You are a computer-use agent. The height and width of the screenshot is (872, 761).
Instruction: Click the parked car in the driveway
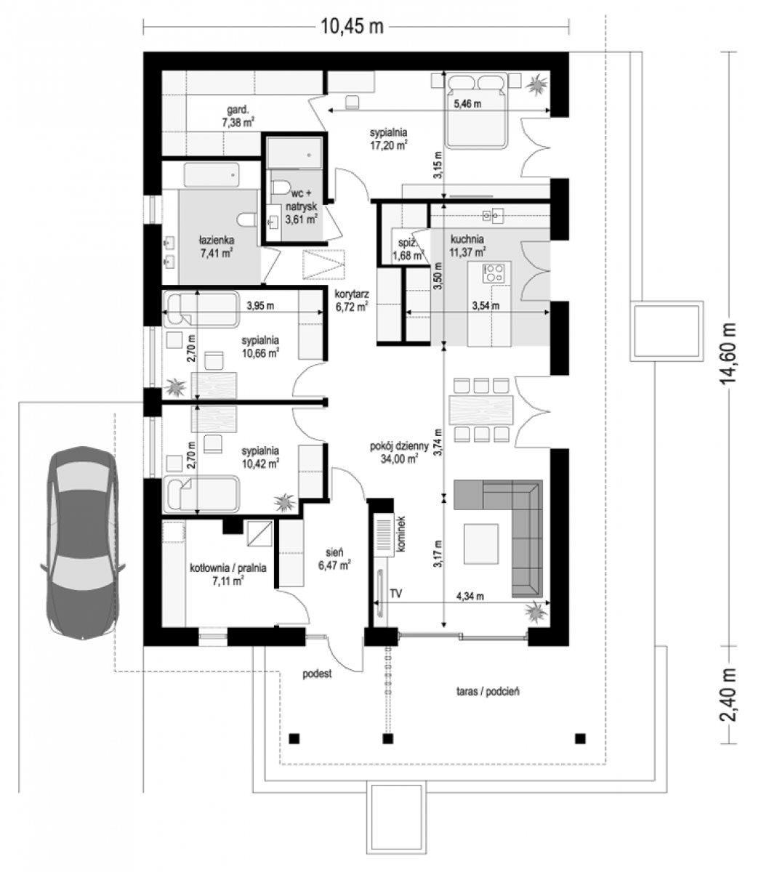83,542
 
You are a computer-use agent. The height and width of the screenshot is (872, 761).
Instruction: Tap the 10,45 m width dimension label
352,26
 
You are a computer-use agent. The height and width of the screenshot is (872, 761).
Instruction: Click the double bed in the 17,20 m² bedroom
477,110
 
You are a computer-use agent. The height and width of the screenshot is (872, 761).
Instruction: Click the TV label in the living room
395,593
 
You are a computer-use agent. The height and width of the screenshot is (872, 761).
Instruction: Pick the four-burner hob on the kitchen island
494,273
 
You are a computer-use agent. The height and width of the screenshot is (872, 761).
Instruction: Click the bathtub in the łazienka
212,174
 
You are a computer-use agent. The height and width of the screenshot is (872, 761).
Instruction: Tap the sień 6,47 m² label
334,559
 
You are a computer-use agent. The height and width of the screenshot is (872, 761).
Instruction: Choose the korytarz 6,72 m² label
352,300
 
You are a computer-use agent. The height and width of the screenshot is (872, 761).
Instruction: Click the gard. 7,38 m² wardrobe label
238,116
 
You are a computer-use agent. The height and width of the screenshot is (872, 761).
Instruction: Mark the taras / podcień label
488,691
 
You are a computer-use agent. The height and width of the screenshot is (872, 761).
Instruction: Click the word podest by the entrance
317,674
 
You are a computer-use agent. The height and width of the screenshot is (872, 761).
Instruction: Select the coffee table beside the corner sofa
481,544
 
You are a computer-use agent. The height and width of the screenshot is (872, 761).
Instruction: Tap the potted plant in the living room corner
536,613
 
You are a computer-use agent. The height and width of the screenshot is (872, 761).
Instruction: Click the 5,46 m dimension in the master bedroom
467,104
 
